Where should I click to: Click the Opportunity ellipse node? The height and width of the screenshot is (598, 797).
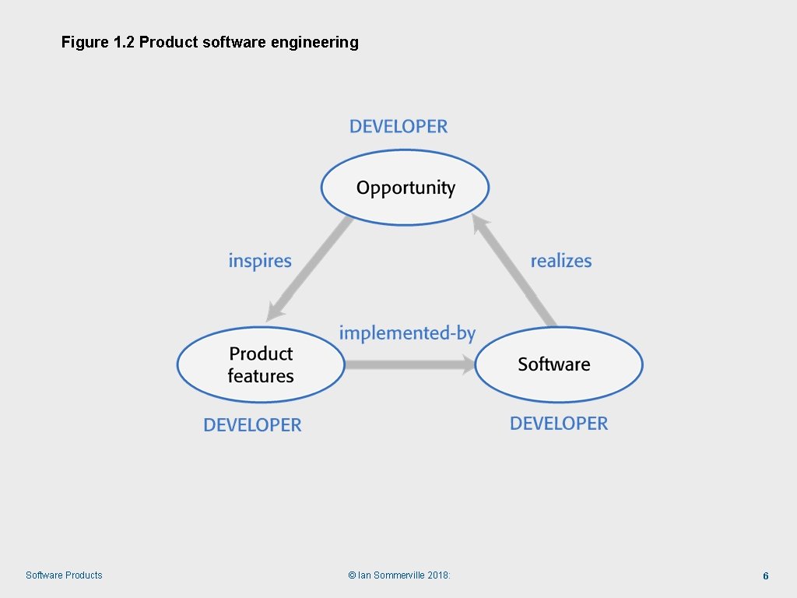pos(405,188)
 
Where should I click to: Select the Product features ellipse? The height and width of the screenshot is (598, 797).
pos(261,364)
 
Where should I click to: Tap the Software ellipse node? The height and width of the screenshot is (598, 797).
pos(559,364)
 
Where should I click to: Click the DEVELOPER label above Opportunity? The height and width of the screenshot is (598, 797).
pos(398,126)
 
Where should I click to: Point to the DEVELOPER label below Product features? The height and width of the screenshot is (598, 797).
pos(252,425)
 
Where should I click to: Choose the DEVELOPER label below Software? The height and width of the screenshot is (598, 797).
pos(559,424)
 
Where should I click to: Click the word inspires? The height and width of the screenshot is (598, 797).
pos(260,261)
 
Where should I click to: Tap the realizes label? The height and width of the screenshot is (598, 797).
pos(561,261)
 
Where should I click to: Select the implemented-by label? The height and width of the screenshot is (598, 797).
pos(407,333)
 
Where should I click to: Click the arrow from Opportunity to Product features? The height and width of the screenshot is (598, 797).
pos(308,269)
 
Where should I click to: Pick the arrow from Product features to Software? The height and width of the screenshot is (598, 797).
pos(409,364)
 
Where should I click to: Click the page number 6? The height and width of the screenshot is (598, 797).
pos(766,576)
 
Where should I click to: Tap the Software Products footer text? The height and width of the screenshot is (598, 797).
pos(64,575)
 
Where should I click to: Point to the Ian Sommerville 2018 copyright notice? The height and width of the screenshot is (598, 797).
pos(399,575)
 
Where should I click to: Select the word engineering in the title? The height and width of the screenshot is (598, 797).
pos(314,42)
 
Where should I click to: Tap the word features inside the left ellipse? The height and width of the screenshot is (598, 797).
pos(261,376)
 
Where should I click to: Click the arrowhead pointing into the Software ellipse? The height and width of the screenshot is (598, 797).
pos(468,364)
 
